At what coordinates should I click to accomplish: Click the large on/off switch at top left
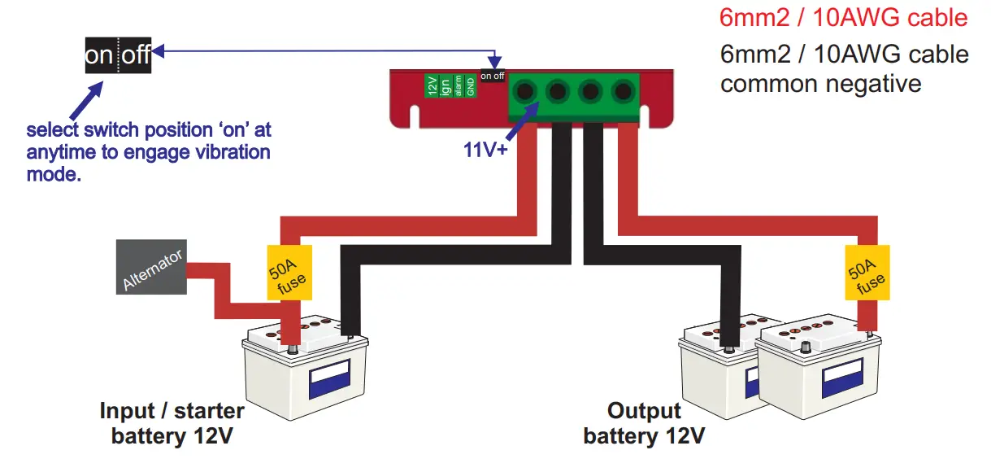[x=118, y=55]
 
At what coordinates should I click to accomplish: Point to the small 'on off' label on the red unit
[x=492, y=76]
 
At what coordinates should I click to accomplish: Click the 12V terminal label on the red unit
[x=432, y=85]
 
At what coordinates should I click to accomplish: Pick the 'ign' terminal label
[x=446, y=85]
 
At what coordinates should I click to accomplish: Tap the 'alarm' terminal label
[x=458, y=85]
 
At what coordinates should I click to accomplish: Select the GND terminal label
[x=470, y=85]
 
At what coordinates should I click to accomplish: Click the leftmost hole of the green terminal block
[x=525, y=91]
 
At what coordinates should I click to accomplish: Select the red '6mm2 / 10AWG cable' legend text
[x=844, y=17]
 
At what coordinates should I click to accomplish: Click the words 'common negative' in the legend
[x=821, y=83]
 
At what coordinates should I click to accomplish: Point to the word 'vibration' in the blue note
[x=215, y=152]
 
